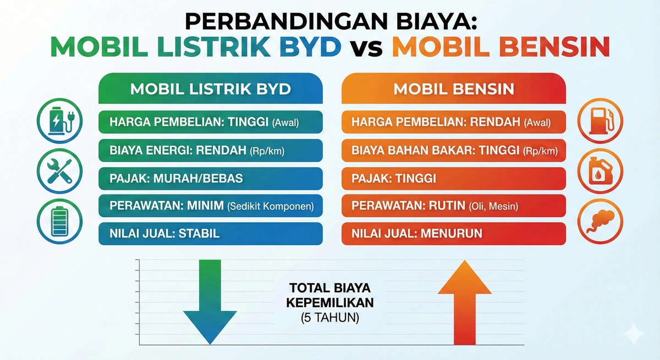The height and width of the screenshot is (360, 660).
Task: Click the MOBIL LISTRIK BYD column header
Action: pos(211,89)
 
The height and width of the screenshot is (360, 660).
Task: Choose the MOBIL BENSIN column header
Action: pos(454,89)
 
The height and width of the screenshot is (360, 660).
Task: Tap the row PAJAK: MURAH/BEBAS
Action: pos(211,178)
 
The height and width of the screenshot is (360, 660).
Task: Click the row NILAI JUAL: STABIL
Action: pos(211,233)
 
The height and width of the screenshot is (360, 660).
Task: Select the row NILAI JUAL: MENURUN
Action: pos(454,233)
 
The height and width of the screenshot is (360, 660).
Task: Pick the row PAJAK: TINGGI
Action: pos(454,178)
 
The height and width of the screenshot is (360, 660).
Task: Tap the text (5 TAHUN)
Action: pos(330,317)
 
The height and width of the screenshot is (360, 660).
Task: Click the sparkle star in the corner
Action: pos(633,334)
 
